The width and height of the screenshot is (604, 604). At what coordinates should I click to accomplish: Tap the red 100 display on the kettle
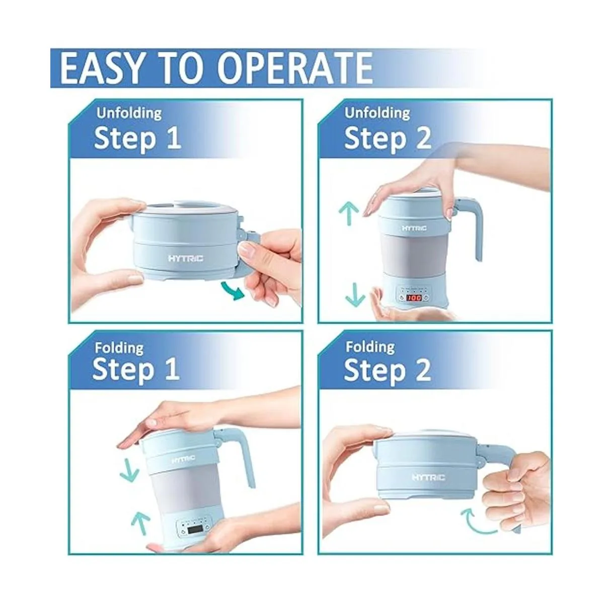414,297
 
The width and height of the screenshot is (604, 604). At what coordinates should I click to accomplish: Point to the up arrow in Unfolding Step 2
349,213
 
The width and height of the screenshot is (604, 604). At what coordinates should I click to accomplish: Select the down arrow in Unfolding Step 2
355,293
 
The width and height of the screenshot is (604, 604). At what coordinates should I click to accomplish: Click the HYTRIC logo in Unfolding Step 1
186,259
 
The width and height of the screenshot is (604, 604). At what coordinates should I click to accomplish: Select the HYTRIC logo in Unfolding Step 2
414,228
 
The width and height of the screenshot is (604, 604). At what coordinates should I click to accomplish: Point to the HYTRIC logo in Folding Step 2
428,477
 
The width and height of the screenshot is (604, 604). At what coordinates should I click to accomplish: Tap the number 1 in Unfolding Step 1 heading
174,138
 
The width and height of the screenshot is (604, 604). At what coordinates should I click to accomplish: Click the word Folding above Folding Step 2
370,348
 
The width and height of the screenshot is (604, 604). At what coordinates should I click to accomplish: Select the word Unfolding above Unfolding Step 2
377,113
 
